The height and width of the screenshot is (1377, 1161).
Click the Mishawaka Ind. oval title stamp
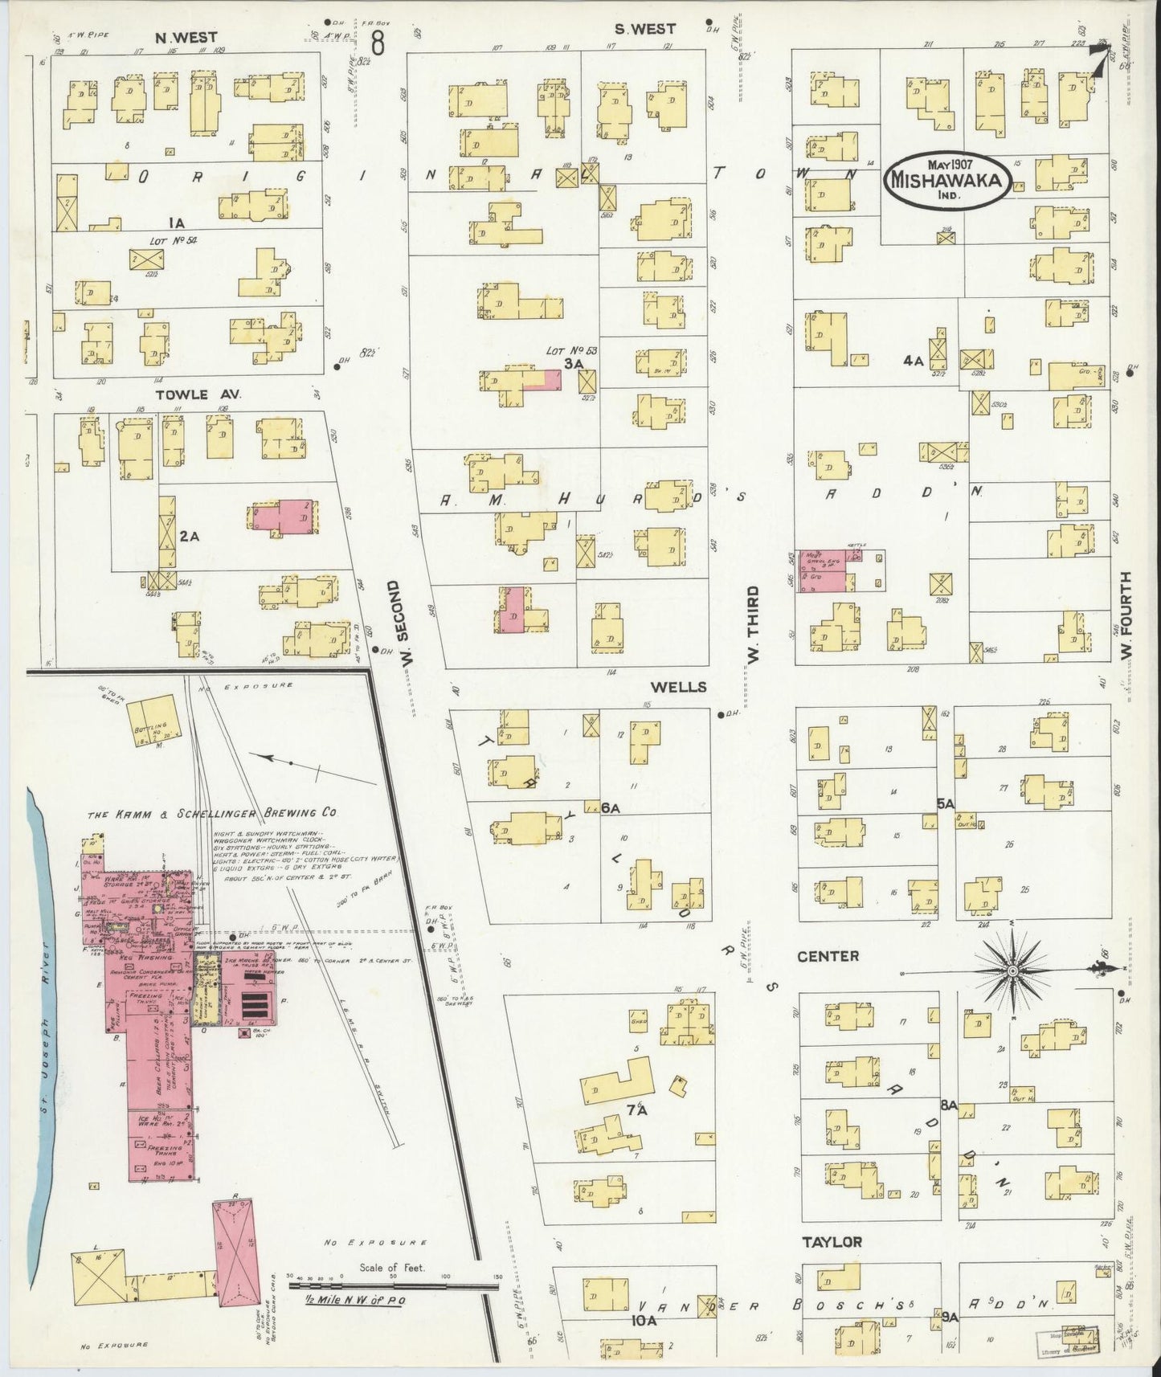click(x=946, y=179)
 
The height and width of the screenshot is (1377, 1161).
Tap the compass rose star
click(x=1012, y=970)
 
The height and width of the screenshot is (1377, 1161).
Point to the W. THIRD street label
click(x=753, y=623)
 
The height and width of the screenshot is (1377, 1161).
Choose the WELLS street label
click(x=678, y=687)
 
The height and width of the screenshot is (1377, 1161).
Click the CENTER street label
click(x=828, y=956)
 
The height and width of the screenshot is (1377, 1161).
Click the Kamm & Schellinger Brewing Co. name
click(x=213, y=813)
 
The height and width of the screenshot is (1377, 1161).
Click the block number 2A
click(x=189, y=536)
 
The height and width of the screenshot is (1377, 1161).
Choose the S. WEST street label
click(x=645, y=29)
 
